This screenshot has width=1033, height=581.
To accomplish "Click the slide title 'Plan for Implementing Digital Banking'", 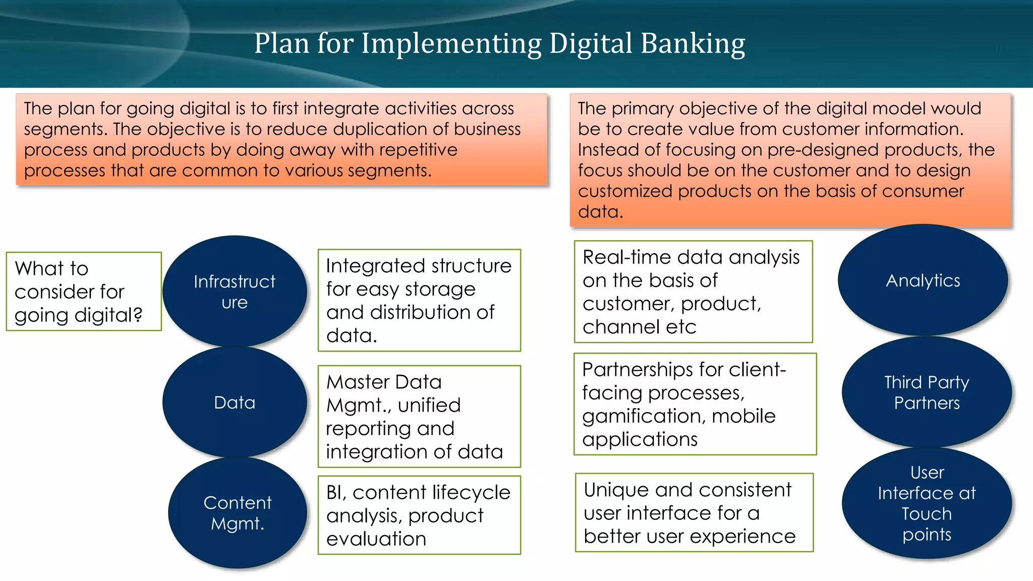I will click(x=499, y=43).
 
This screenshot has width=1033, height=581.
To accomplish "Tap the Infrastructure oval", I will click(x=235, y=292).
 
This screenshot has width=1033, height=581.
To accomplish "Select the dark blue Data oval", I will click(x=235, y=402).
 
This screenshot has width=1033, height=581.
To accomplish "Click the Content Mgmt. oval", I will click(x=237, y=513).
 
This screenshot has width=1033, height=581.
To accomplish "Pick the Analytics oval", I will click(x=923, y=280).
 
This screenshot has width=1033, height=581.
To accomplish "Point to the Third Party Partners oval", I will click(x=927, y=392).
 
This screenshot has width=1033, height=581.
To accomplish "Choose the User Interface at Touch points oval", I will click(x=927, y=503).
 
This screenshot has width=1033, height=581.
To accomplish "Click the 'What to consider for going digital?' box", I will click(x=84, y=292).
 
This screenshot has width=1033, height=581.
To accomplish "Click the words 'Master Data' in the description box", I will click(x=384, y=382).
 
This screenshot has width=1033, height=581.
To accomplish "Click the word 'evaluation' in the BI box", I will click(x=376, y=539).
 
